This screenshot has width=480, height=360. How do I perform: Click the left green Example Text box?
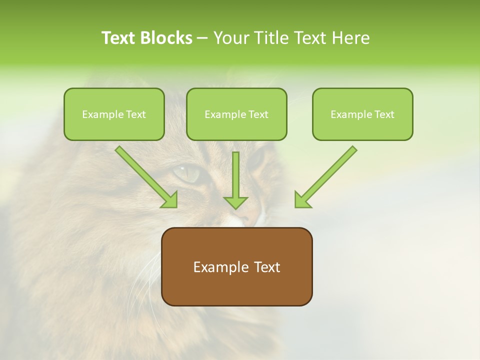click(x=114, y=114)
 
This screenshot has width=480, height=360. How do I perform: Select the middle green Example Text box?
click(x=236, y=114)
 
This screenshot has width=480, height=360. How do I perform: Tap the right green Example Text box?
click(x=362, y=114)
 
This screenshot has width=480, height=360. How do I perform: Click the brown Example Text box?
click(x=236, y=266)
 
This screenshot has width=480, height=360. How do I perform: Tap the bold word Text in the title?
click(x=119, y=38)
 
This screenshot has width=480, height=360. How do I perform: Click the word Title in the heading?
click(x=269, y=38)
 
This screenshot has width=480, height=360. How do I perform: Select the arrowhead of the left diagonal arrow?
click(x=170, y=200)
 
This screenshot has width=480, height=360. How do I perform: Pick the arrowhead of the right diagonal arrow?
click(x=301, y=200)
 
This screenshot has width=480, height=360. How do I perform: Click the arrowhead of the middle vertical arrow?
click(x=235, y=202)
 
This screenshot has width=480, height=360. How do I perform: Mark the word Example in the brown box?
click(x=217, y=267)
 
